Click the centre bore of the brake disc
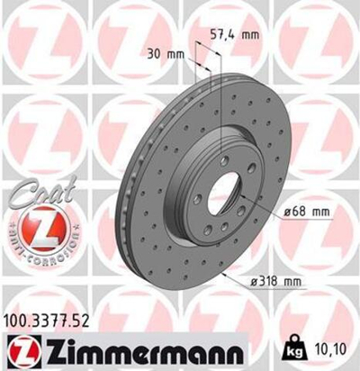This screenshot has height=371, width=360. click(x=222, y=197)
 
